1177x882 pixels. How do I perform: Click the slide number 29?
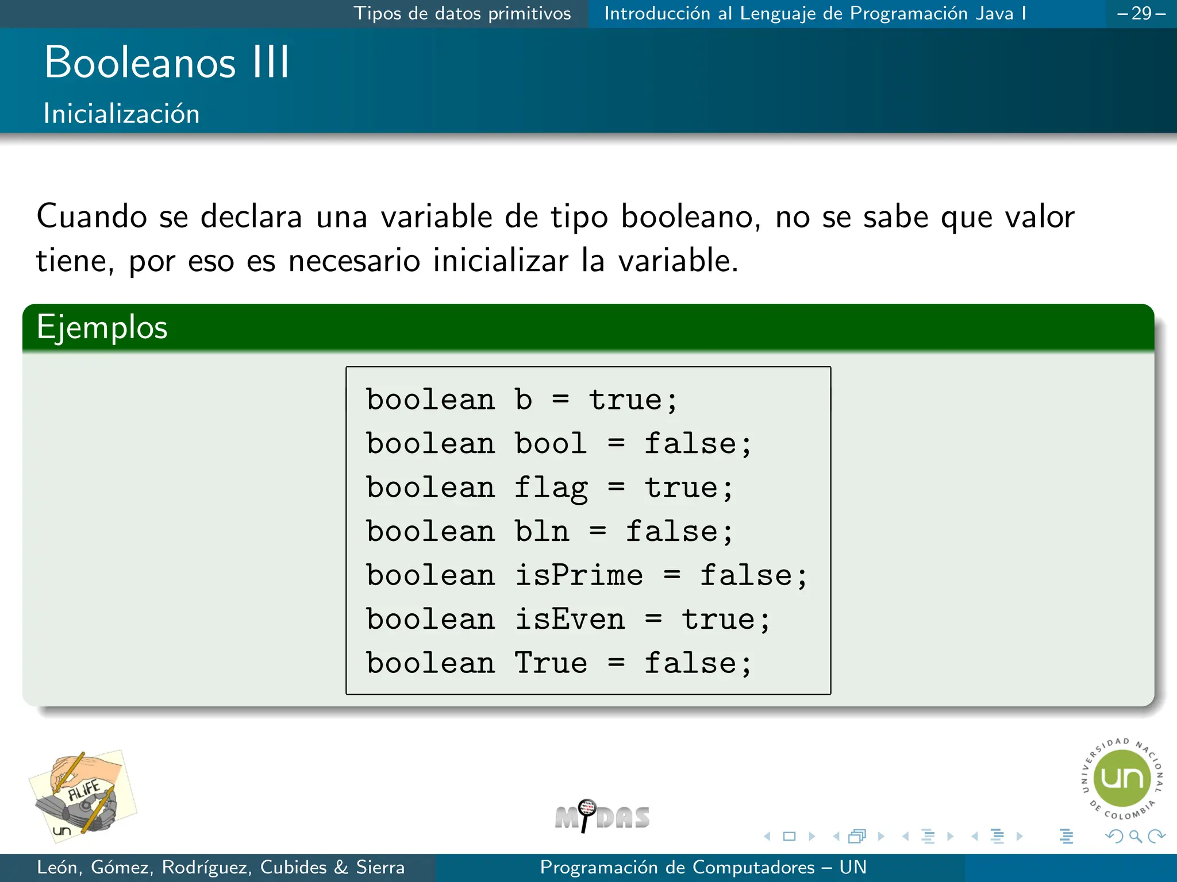click(1141, 13)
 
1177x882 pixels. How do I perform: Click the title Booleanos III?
click(167, 62)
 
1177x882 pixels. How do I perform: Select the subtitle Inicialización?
click(121, 113)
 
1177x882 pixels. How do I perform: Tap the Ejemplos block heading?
click(102, 327)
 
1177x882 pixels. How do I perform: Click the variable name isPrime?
click(579, 575)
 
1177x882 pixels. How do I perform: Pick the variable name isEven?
click(570, 619)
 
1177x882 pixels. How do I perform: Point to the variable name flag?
click(551, 488)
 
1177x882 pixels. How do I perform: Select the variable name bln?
click(541, 531)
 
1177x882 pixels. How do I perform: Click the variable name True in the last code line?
click(551, 663)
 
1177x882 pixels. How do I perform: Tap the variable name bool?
click(551, 444)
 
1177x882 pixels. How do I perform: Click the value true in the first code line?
click(625, 400)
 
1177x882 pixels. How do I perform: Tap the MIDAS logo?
click(602, 816)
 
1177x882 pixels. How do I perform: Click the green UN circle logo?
click(1122, 779)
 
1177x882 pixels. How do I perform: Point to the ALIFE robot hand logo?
click(83, 796)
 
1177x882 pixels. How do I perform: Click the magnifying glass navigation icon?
click(1135, 836)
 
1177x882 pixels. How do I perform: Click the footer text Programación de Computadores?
click(677, 867)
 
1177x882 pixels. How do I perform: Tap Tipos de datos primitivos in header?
click(462, 13)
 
